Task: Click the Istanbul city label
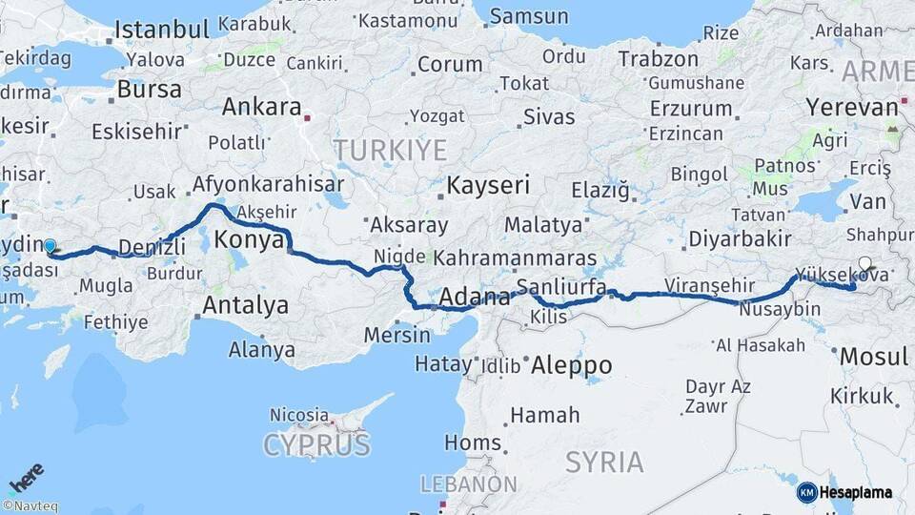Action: coord(161,31)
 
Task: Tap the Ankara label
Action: coord(261,107)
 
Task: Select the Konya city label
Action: coord(250,240)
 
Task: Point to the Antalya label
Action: coord(246,305)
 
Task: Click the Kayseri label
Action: coord(488,185)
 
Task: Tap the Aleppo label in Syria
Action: coord(571,365)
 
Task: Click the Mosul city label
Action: coord(873,357)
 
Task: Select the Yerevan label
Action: coord(852,107)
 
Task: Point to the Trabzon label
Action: coord(659,58)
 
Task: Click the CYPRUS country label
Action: coord(316,444)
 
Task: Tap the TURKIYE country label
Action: coord(389,150)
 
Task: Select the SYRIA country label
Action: coord(604,463)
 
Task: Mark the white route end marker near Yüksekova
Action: coord(864,264)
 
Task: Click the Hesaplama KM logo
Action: coord(844,492)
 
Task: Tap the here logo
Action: coord(27,476)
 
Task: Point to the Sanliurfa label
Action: coord(561,287)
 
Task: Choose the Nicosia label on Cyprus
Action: coord(299,415)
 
